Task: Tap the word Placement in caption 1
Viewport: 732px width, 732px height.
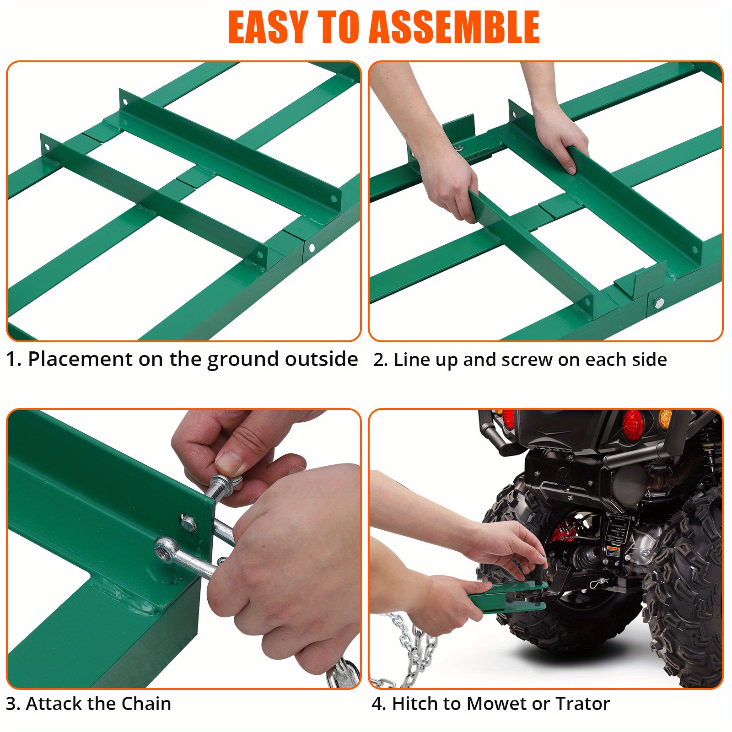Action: coord(80,360)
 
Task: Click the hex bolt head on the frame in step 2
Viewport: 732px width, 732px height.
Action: coord(658,302)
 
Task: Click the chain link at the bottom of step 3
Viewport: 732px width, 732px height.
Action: coord(341,675)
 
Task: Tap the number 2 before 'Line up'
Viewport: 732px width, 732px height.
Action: coord(379,360)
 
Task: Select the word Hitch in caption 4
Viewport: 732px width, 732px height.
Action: coord(414,704)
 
